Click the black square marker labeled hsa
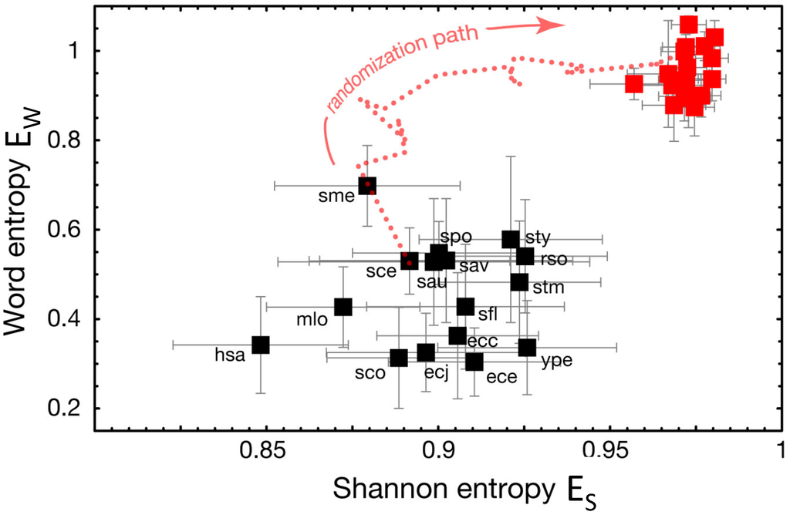click(261, 345)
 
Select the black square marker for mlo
click(343, 307)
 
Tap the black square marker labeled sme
click(367, 185)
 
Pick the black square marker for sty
click(511, 239)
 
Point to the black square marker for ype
click(527, 348)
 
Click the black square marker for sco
click(399, 358)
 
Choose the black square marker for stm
click(519, 282)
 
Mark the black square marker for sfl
click(465, 307)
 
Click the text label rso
click(553, 259)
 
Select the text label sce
click(382, 271)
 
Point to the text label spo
click(455, 236)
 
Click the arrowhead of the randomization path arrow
click(554, 24)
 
